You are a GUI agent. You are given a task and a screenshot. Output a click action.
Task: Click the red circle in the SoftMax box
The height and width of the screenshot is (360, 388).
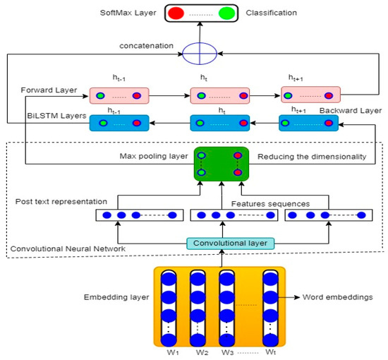176,13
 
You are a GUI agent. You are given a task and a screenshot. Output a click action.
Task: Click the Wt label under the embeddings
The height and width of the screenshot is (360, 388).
269,352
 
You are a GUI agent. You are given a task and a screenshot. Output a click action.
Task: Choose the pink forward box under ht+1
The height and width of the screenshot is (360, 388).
310,95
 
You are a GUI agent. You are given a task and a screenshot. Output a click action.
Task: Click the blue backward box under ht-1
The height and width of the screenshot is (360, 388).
119,123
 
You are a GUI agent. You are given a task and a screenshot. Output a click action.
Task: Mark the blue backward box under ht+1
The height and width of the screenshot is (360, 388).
307,123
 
